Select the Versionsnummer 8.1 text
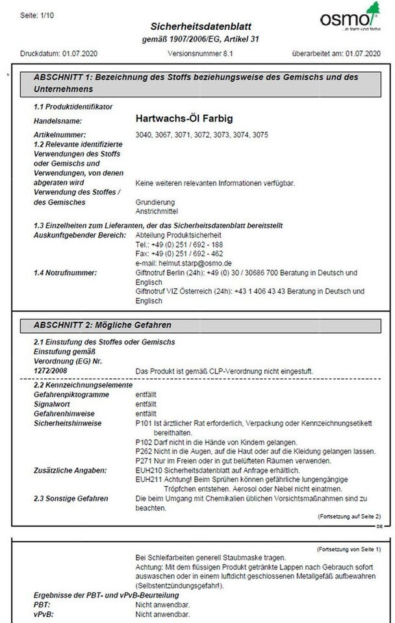coord(198,54)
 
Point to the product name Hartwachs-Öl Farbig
coord(184,119)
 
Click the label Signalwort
coord(53,403)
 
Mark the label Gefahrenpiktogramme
coord(68,394)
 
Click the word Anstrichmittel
coord(155,211)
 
